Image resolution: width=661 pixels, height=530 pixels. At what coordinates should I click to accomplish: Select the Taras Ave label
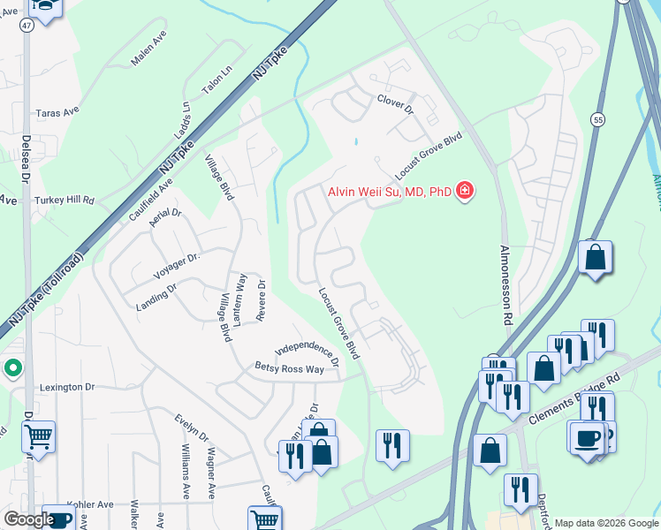click(x=57, y=113)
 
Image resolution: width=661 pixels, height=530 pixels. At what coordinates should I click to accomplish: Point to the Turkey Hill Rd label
click(x=65, y=201)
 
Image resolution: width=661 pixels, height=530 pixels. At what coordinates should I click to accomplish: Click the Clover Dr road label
click(x=395, y=102)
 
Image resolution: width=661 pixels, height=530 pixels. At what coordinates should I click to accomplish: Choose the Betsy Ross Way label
click(x=289, y=367)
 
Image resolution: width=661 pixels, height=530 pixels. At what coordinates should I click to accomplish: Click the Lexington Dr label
click(x=66, y=387)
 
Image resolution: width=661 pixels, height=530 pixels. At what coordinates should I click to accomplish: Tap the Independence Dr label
click(x=308, y=352)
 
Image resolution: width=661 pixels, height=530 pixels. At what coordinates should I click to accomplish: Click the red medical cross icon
click(x=464, y=191)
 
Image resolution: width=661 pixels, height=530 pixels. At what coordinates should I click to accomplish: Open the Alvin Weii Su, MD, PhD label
click(x=389, y=191)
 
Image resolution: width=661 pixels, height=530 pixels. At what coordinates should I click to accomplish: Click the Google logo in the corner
click(x=28, y=519)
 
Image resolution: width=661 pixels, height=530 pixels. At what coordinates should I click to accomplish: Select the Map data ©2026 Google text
click(x=605, y=523)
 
